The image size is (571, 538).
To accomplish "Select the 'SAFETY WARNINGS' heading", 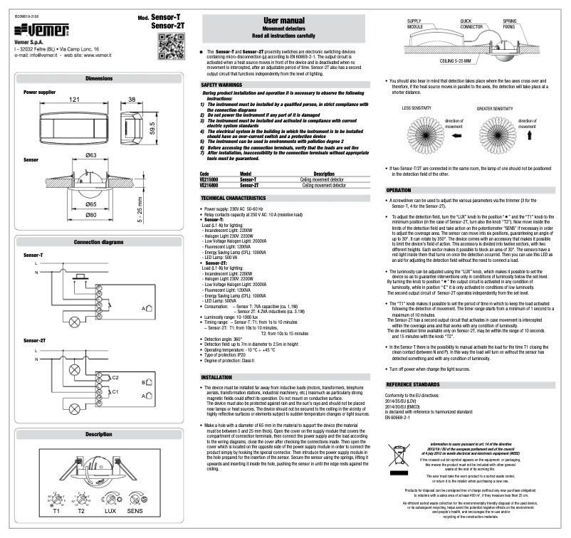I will click(x=220, y=85).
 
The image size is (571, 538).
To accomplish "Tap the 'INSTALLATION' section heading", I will click(x=216, y=376).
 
